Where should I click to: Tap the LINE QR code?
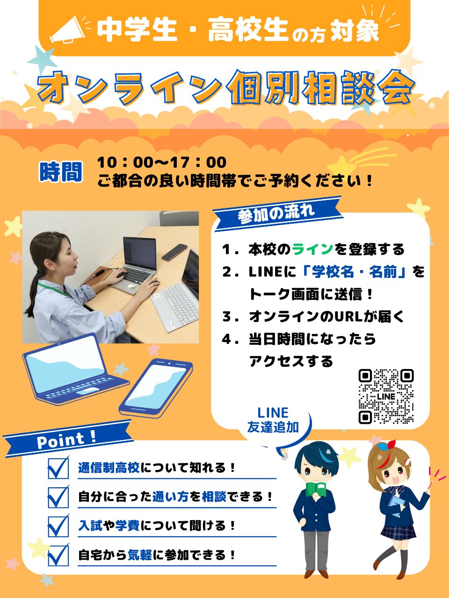click(386, 396)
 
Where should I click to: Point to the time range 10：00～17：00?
click(162, 163)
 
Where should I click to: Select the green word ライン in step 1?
click(313, 249)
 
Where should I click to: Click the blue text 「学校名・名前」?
click(355, 272)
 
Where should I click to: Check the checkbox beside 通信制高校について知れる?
click(58, 468)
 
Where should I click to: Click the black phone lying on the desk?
click(175, 252)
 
